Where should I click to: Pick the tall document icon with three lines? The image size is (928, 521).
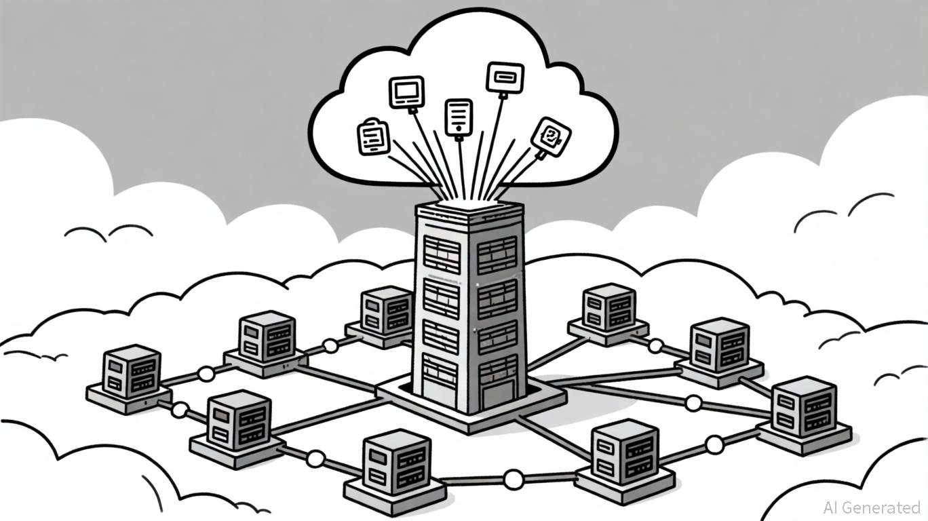point(459,116)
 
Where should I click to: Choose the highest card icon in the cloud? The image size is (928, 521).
point(505,76)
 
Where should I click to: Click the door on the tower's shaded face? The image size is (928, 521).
point(498,392)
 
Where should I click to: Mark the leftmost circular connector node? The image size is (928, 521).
point(180,409)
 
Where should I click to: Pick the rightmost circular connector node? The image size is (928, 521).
point(714,444)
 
